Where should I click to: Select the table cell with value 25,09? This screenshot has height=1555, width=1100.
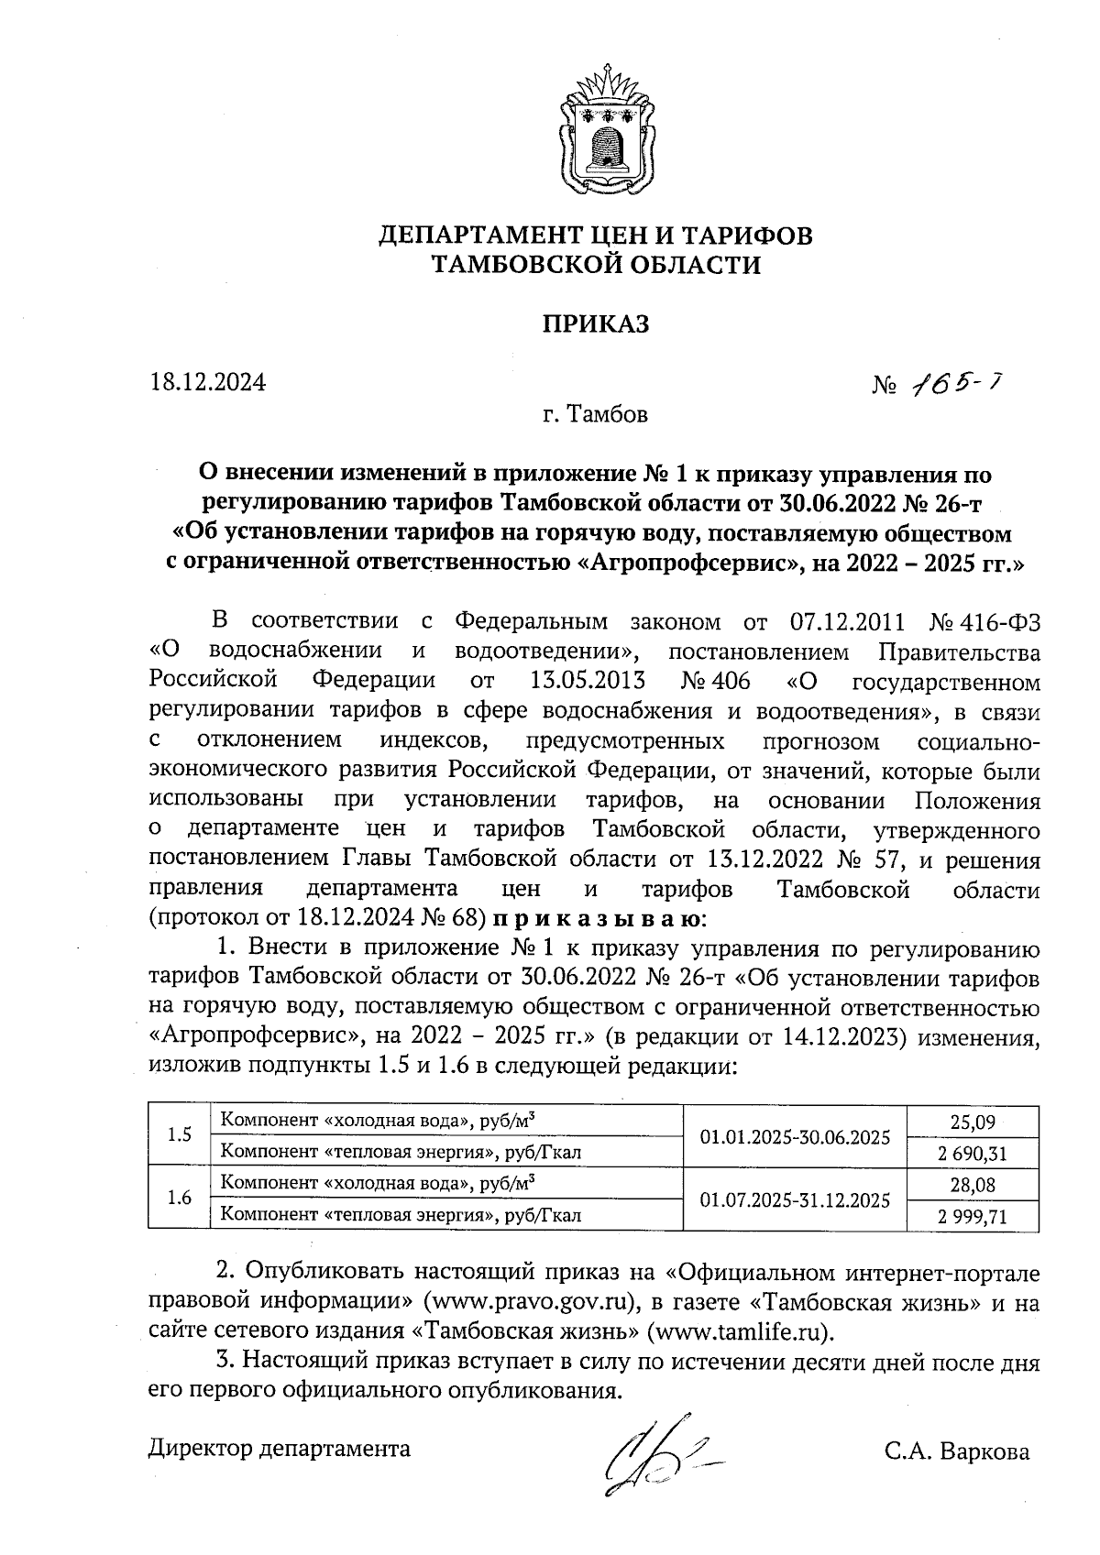point(973,1121)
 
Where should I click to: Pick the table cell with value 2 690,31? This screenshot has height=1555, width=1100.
point(973,1153)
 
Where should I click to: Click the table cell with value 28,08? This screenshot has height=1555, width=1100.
point(973,1185)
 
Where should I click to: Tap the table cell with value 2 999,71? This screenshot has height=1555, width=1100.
point(973,1216)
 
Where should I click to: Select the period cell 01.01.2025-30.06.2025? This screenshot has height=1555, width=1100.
point(795,1137)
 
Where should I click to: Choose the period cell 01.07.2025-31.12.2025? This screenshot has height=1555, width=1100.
point(795,1199)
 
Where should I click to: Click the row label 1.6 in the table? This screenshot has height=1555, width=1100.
point(180,1199)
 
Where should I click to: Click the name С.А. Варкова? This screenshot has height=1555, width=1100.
point(957,1451)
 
